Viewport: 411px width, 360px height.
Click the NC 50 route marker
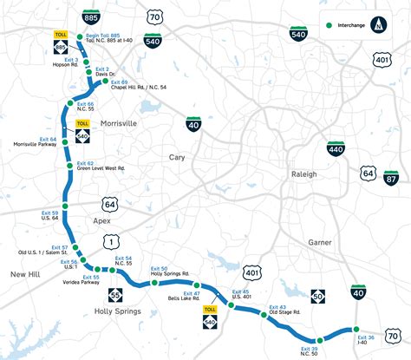[318, 297]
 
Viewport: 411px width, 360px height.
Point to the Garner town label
[320, 242]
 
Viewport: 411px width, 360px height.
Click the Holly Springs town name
[117, 310]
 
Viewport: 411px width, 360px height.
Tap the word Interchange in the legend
[351, 26]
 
